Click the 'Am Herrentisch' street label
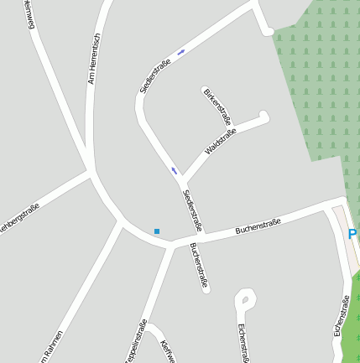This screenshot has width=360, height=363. pos(94,60)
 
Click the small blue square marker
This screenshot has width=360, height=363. pos(156,231)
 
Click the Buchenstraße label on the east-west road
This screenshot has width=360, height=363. pos(257,224)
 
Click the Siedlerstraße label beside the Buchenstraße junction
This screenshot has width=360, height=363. pos(192,210)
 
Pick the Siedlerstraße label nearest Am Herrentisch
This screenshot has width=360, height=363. pos(156,76)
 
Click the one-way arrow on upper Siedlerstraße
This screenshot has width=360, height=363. pos(181,51)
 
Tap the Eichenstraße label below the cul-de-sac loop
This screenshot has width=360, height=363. pos(243,342)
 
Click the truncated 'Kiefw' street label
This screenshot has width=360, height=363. pos(167,351)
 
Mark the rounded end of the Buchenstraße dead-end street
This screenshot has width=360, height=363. pos(205,289)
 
